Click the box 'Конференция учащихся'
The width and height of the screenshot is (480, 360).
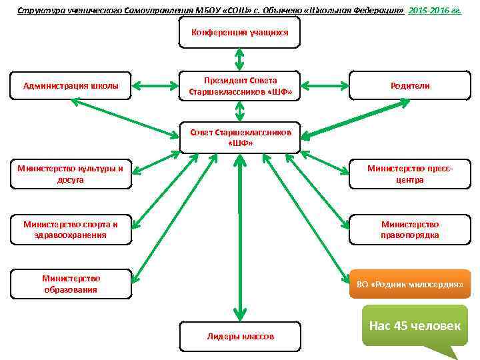coord(240,32)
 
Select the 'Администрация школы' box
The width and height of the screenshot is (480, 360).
coord(71,86)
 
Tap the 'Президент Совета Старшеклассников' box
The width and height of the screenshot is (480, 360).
coord(240,86)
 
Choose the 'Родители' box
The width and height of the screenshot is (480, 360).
coord(410,86)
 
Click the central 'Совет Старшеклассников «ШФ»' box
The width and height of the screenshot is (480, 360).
coord(240,137)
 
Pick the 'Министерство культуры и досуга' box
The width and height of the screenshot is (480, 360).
coord(71,174)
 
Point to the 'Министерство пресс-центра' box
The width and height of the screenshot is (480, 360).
coord(410,174)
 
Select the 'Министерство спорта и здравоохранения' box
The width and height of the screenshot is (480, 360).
coord(71,229)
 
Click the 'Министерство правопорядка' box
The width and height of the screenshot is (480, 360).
coord(410,229)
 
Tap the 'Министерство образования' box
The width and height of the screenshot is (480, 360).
coord(71,283)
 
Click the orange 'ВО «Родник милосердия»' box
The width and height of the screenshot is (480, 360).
coord(410,284)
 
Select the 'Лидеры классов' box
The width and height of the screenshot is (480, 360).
coord(240,336)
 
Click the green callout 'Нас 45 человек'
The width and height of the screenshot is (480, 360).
coord(415,325)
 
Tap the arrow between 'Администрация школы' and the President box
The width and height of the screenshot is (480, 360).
coord(155,86)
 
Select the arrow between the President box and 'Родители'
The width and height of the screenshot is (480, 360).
coord(325,86)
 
